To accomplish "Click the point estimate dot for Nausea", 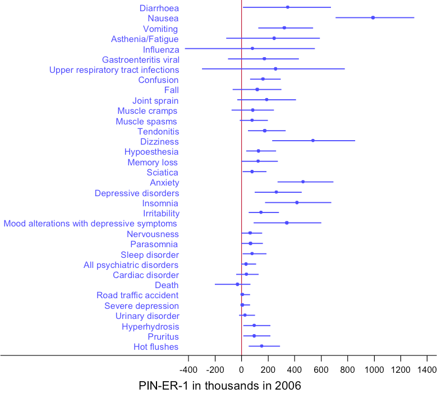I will click(x=373, y=18).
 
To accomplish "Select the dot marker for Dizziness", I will click(x=313, y=141).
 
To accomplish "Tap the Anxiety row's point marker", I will click(x=303, y=182).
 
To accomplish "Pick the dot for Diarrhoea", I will click(x=288, y=7).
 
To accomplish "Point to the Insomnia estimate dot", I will click(x=297, y=202).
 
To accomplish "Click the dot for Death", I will click(x=237, y=284).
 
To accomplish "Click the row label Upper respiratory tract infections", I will click(x=114, y=70).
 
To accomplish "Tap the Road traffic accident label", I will click(x=137, y=295).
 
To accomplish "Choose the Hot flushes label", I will click(x=156, y=346).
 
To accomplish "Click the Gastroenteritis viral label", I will click(x=140, y=59).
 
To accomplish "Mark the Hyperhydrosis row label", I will click(x=150, y=326).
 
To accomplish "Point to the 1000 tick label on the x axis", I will click(x=374, y=370).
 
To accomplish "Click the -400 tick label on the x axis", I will click(x=188, y=370).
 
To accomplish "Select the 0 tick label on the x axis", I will click(x=241, y=370).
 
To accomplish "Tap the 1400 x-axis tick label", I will click(x=427, y=370).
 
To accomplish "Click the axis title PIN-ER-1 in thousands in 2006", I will click(x=219, y=386).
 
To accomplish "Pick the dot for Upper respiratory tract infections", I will click(x=275, y=69).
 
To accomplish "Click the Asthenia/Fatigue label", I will click(x=145, y=39).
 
